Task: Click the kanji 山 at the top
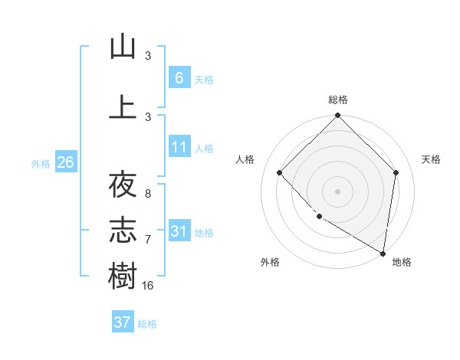[123, 47]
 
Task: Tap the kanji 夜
[123, 185]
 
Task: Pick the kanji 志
[123, 229]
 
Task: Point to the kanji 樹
[123, 275]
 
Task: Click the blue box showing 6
[179, 78]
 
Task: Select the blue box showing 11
[179, 147]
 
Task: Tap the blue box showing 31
[179, 231]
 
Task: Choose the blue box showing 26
[65, 162]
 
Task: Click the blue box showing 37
[123, 322]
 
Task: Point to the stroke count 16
[148, 285]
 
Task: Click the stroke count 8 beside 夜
[148, 194]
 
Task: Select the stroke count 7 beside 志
[148, 239]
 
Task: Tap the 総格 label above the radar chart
[338, 100]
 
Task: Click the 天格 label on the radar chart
[431, 159]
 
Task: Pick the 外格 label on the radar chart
[270, 262]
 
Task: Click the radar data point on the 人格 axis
[280, 172]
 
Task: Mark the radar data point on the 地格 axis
[382, 253]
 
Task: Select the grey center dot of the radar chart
[338, 191]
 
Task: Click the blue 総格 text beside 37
[148, 323]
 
